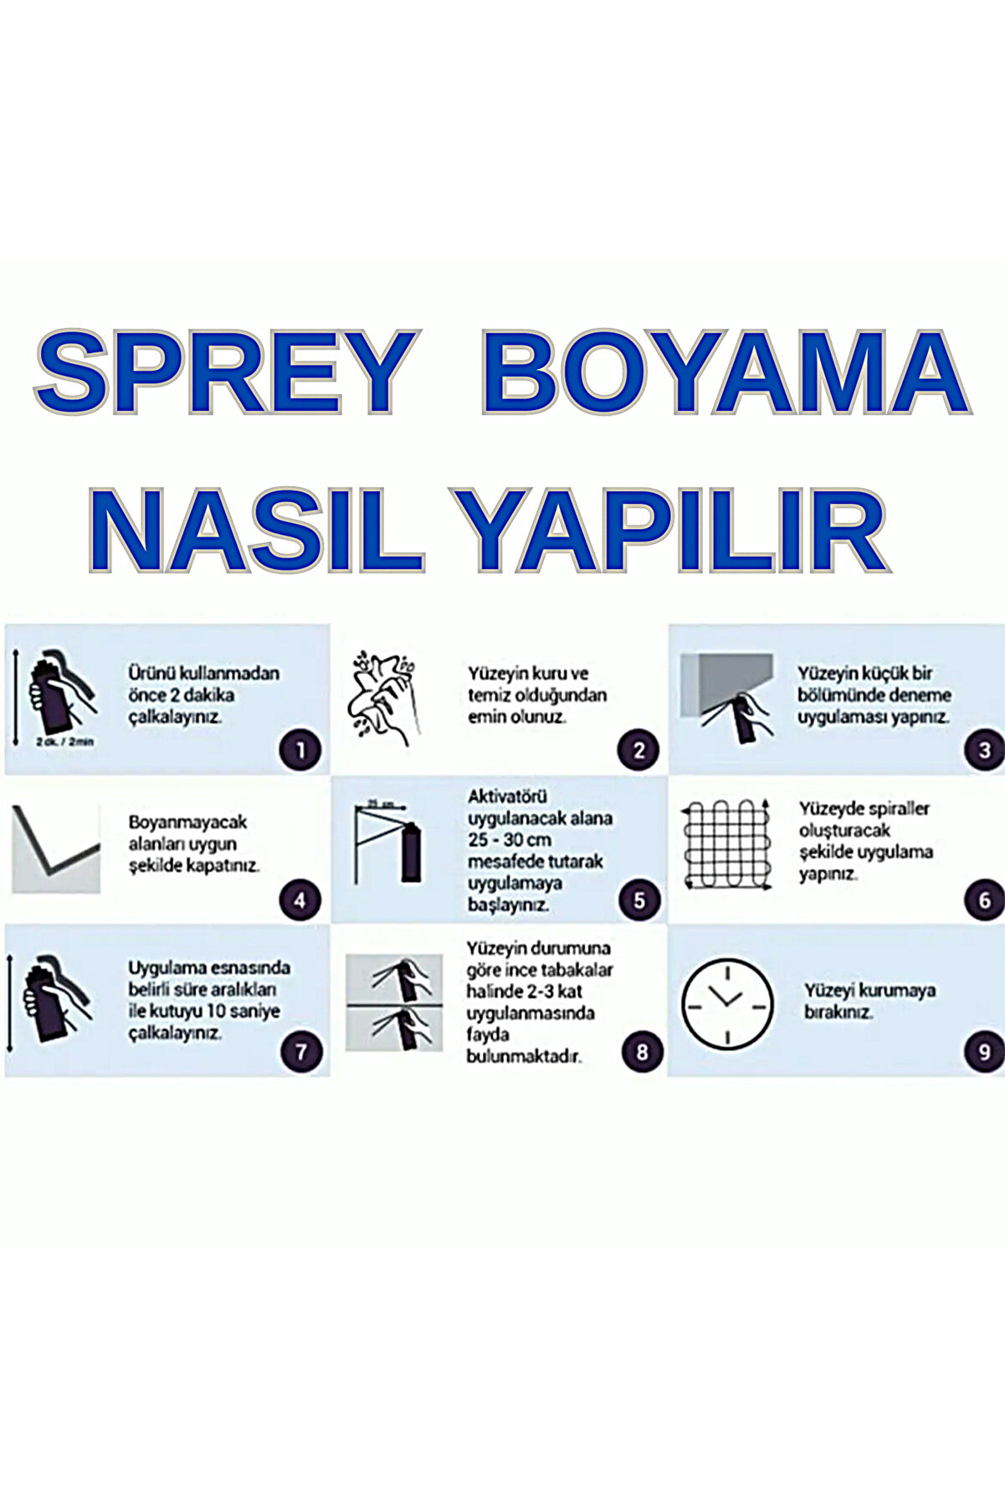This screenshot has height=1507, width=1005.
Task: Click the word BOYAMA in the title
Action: point(725,372)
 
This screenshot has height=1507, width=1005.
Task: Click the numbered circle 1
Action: point(300,750)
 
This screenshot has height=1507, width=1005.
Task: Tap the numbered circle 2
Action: point(639,750)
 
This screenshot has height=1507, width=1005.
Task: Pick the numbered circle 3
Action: point(984,750)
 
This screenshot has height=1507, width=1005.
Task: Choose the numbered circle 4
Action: point(300,901)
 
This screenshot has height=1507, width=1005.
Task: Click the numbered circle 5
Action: point(639,901)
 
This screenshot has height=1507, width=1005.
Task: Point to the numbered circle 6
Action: point(984,901)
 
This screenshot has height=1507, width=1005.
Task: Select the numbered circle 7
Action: point(300,1052)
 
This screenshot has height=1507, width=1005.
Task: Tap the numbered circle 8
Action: point(642,1052)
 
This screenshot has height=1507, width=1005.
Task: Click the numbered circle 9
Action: point(984,1052)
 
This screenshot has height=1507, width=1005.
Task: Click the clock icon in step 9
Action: point(726,1001)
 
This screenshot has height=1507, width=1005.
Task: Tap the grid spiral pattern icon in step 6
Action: point(725,844)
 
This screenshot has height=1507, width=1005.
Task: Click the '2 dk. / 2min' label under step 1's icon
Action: point(65,741)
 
